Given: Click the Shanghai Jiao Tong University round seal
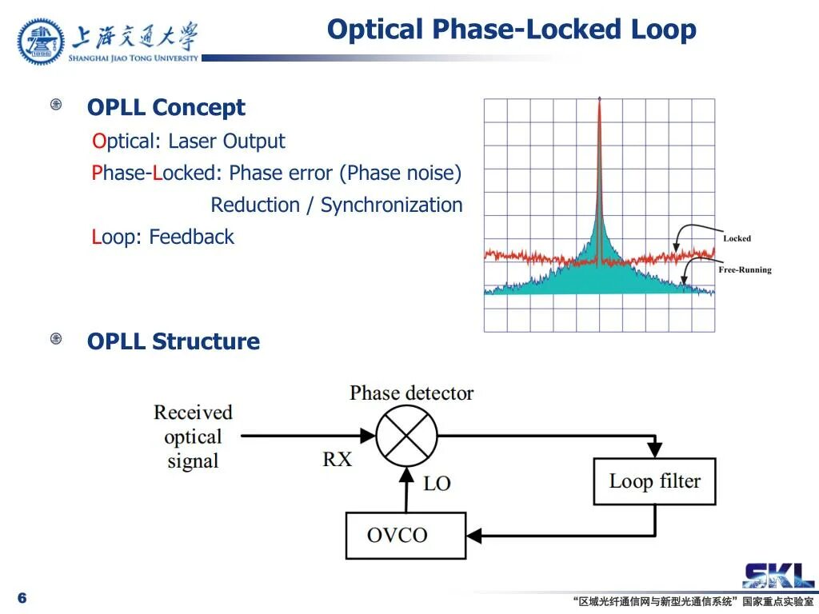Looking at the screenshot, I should coord(41,42).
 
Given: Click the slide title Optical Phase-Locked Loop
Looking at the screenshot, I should coord(511,30).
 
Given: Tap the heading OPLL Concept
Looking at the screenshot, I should coord(166,107).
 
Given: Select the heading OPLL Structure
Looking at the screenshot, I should coord(174,341).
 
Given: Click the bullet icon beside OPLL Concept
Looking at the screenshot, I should coord(56,105).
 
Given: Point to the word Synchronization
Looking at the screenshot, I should coord(391,205).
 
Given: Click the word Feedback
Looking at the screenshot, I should coord(192,237).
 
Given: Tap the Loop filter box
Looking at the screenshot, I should coord(654,481).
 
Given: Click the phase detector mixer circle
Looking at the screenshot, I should coord(407,436).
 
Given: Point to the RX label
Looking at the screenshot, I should coord(337,459).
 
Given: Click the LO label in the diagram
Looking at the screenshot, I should coord(437,483).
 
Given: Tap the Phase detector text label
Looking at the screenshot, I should coord(411,393).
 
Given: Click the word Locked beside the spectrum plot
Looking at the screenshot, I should coord(737,238).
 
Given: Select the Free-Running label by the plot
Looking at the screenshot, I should coord(745,270).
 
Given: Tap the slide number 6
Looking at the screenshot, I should coord(22,598).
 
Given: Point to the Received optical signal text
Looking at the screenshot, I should coord(193,437).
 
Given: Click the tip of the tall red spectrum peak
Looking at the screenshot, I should coord(599,101).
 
